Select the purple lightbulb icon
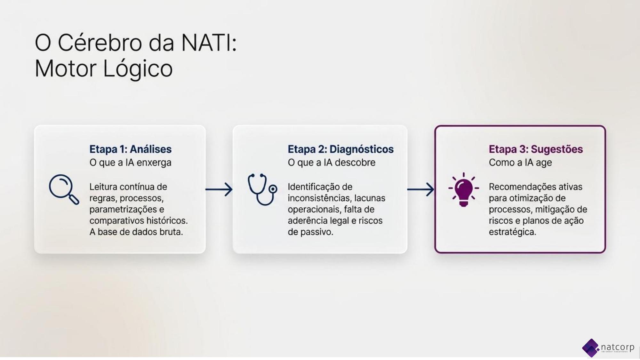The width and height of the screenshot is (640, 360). (464, 189)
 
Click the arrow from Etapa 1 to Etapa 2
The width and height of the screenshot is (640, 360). (219, 189)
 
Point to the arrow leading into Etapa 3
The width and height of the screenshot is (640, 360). (420, 189)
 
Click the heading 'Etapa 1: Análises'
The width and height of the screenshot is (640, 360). (130, 149)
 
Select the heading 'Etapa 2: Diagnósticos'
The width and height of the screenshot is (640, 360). (340, 149)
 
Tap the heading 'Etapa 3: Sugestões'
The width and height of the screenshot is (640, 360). (536, 149)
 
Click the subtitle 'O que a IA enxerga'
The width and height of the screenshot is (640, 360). (130, 163)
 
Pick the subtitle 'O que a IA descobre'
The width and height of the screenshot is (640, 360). (332, 163)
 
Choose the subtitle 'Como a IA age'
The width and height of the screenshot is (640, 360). (520, 163)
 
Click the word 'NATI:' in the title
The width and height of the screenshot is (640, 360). (209, 43)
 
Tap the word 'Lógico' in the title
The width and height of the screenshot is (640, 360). (138, 69)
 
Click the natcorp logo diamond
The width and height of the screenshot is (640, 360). (591, 348)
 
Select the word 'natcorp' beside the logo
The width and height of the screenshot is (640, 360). (617, 347)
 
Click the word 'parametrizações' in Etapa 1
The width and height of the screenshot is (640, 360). (124, 210)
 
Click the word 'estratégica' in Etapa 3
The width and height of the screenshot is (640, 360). (512, 232)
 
